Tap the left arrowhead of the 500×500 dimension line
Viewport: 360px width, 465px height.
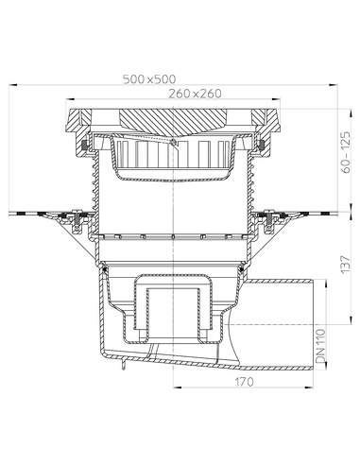13,87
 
